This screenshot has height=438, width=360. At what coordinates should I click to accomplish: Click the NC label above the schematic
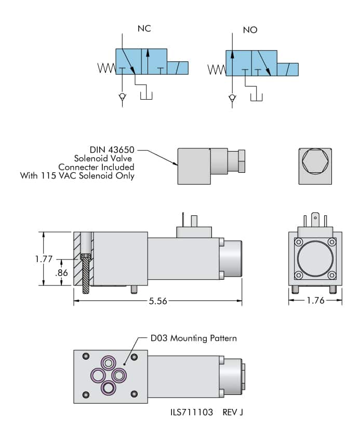pos(144,29)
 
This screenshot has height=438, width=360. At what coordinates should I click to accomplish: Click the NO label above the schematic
pos(250,30)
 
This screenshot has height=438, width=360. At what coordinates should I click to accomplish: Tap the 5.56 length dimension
pos(157,301)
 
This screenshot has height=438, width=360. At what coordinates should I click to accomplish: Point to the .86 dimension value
pos(61,272)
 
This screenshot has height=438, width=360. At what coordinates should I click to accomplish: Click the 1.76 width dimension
pos(315,300)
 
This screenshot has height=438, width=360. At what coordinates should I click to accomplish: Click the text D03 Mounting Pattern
pos(190,338)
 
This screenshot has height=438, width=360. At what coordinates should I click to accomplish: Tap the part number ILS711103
pos(191,413)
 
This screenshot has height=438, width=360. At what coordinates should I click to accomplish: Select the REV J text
pos(233,413)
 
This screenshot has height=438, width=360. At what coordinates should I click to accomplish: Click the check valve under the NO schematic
pos(232,98)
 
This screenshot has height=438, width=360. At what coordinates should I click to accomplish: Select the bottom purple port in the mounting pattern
pos(109,387)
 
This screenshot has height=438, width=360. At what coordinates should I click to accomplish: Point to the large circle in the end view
pos(315,258)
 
